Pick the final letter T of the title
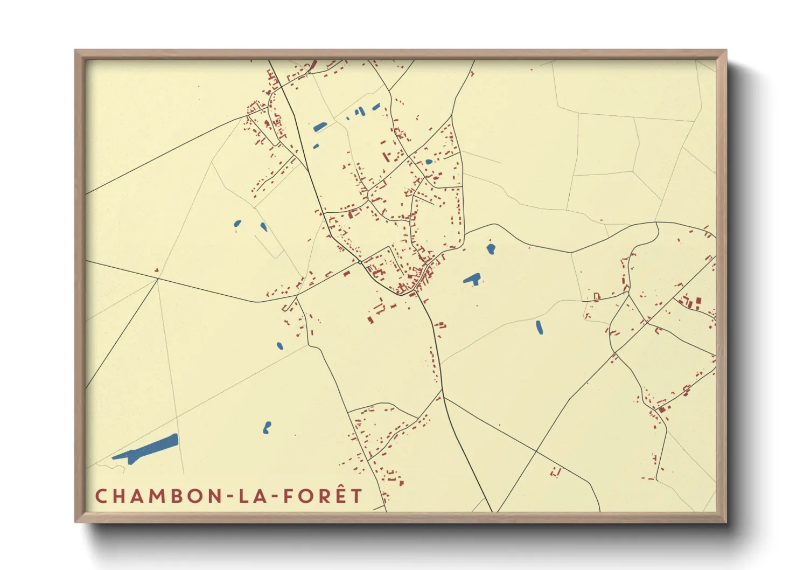(x=356, y=496)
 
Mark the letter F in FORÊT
(x=288, y=496)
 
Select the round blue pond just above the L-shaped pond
(x=491, y=248)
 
